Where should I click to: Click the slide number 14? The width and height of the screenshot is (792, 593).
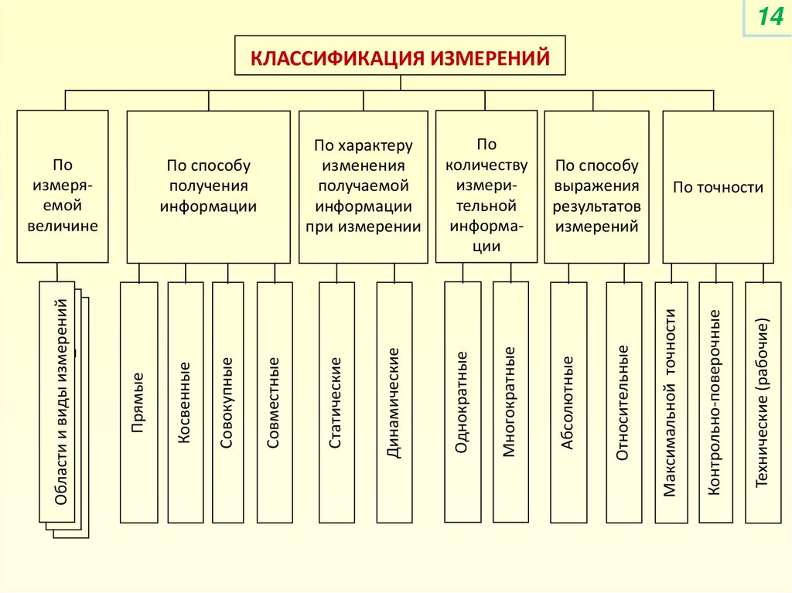tap(770, 17)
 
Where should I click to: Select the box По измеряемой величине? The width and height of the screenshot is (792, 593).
tap(63, 186)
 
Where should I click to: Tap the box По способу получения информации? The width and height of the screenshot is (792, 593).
tap(208, 186)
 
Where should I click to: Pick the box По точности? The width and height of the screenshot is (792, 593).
tap(718, 186)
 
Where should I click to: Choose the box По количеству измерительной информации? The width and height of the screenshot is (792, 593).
tap(486, 186)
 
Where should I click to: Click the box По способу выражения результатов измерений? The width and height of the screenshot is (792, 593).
tap(596, 186)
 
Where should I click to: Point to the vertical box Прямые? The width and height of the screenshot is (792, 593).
tap(139, 402)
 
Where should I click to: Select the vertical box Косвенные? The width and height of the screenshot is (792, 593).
tap(186, 402)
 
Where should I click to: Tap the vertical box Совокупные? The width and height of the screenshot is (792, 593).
tap(228, 402)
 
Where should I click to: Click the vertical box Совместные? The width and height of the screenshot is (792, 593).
tap(275, 402)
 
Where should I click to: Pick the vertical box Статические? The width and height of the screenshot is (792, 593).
tap(336, 402)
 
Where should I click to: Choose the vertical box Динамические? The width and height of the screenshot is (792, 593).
tap(394, 402)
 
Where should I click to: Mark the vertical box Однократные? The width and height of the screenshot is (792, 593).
tap(463, 402)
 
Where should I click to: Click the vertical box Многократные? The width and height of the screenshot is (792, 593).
tap(510, 402)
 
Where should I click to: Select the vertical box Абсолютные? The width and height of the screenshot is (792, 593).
tap(568, 402)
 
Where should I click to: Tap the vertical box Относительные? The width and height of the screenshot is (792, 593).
tap(623, 402)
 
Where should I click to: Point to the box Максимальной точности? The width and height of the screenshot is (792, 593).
tap(671, 402)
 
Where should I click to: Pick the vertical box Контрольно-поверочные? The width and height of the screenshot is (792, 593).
tap(715, 402)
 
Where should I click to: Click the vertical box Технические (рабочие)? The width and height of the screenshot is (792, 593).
tap(763, 402)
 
